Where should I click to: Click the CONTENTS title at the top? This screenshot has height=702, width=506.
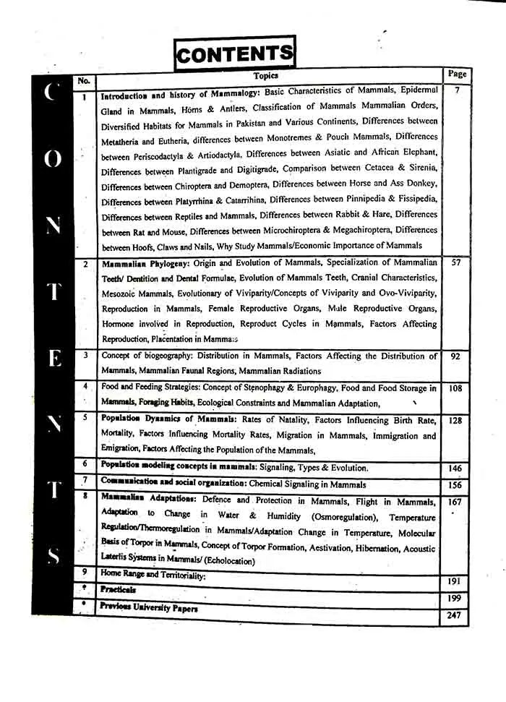(235, 53)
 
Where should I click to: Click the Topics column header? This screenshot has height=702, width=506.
(265, 75)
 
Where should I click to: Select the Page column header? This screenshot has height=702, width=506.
(457, 74)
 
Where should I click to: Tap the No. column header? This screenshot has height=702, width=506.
(83, 81)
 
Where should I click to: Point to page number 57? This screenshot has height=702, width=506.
(456, 262)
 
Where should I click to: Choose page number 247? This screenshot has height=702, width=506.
(453, 615)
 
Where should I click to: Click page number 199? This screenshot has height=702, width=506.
(454, 598)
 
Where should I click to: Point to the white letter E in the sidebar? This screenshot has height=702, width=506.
(53, 359)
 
